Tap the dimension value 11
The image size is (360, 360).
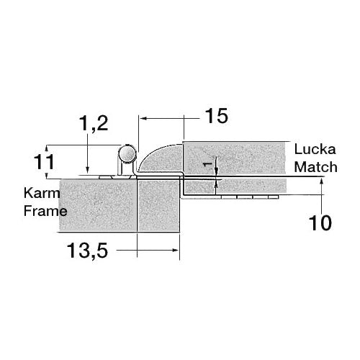pos(45,161)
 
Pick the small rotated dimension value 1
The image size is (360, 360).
pos(208,165)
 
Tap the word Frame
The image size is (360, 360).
pos(45,211)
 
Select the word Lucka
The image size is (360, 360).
pos(311,150)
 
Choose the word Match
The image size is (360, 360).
pos(315,167)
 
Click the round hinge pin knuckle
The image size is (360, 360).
pos(127,154)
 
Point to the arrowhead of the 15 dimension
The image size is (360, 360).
pos(142,116)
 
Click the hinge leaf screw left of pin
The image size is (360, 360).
pos(104,175)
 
